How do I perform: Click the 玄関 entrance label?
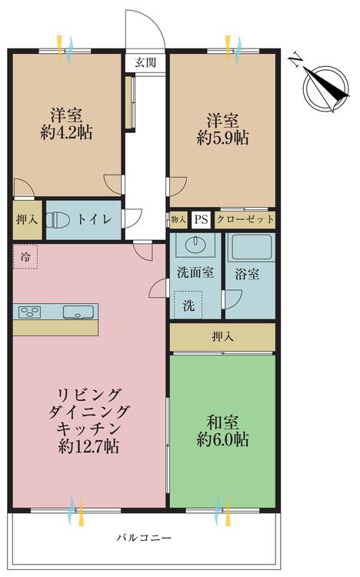click(145, 62)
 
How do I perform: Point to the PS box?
click(201, 220)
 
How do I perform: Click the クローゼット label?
click(245, 220)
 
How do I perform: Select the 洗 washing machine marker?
click(188, 304)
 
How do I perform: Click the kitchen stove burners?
click(31, 312)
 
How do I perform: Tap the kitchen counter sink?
click(78, 312)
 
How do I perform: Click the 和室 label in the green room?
click(222, 422)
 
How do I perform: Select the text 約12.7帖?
click(90, 446)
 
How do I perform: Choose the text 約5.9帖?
click(222, 138)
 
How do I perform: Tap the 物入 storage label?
click(178, 220)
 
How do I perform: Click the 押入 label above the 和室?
click(222, 336)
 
